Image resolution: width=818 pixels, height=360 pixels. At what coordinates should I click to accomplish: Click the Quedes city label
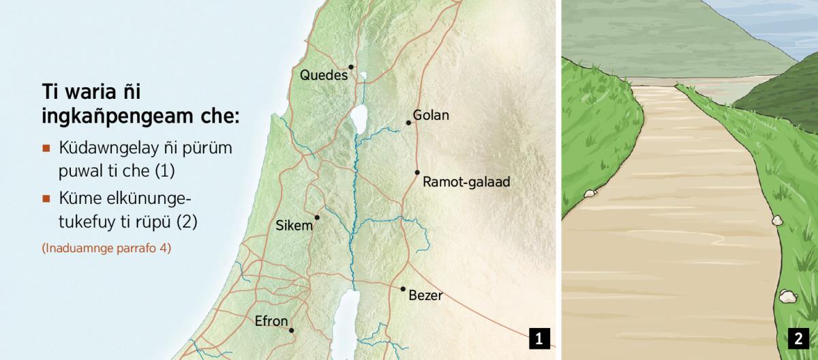pyautogui.click(x=324, y=76)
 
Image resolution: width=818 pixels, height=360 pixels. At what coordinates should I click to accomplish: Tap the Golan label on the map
pyautogui.click(x=431, y=115)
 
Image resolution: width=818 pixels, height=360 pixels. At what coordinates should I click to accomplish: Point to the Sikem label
pyautogui.click(x=294, y=226)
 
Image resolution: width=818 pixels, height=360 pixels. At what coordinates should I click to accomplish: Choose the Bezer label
pyautogui.click(x=425, y=296)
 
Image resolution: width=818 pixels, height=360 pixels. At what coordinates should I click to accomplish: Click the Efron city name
pyautogui.click(x=271, y=321)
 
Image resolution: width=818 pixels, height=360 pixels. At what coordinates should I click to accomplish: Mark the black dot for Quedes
pyautogui.click(x=351, y=67)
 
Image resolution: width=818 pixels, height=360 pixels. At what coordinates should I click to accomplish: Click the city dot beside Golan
pyautogui.click(x=408, y=123)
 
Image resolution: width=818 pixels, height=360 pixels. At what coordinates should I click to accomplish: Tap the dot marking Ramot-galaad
pyautogui.click(x=417, y=172)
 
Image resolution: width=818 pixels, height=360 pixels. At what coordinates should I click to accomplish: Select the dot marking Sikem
pyautogui.click(x=317, y=217)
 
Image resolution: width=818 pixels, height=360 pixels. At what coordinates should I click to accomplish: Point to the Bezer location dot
pyautogui.click(x=403, y=289)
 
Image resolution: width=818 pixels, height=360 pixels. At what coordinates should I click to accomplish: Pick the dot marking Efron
pyautogui.click(x=291, y=330)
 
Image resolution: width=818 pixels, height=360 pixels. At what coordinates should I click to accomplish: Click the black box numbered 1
pyautogui.click(x=539, y=338)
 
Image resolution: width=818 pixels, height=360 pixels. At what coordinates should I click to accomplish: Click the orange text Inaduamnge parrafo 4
pyautogui.click(x=106, y=248)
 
